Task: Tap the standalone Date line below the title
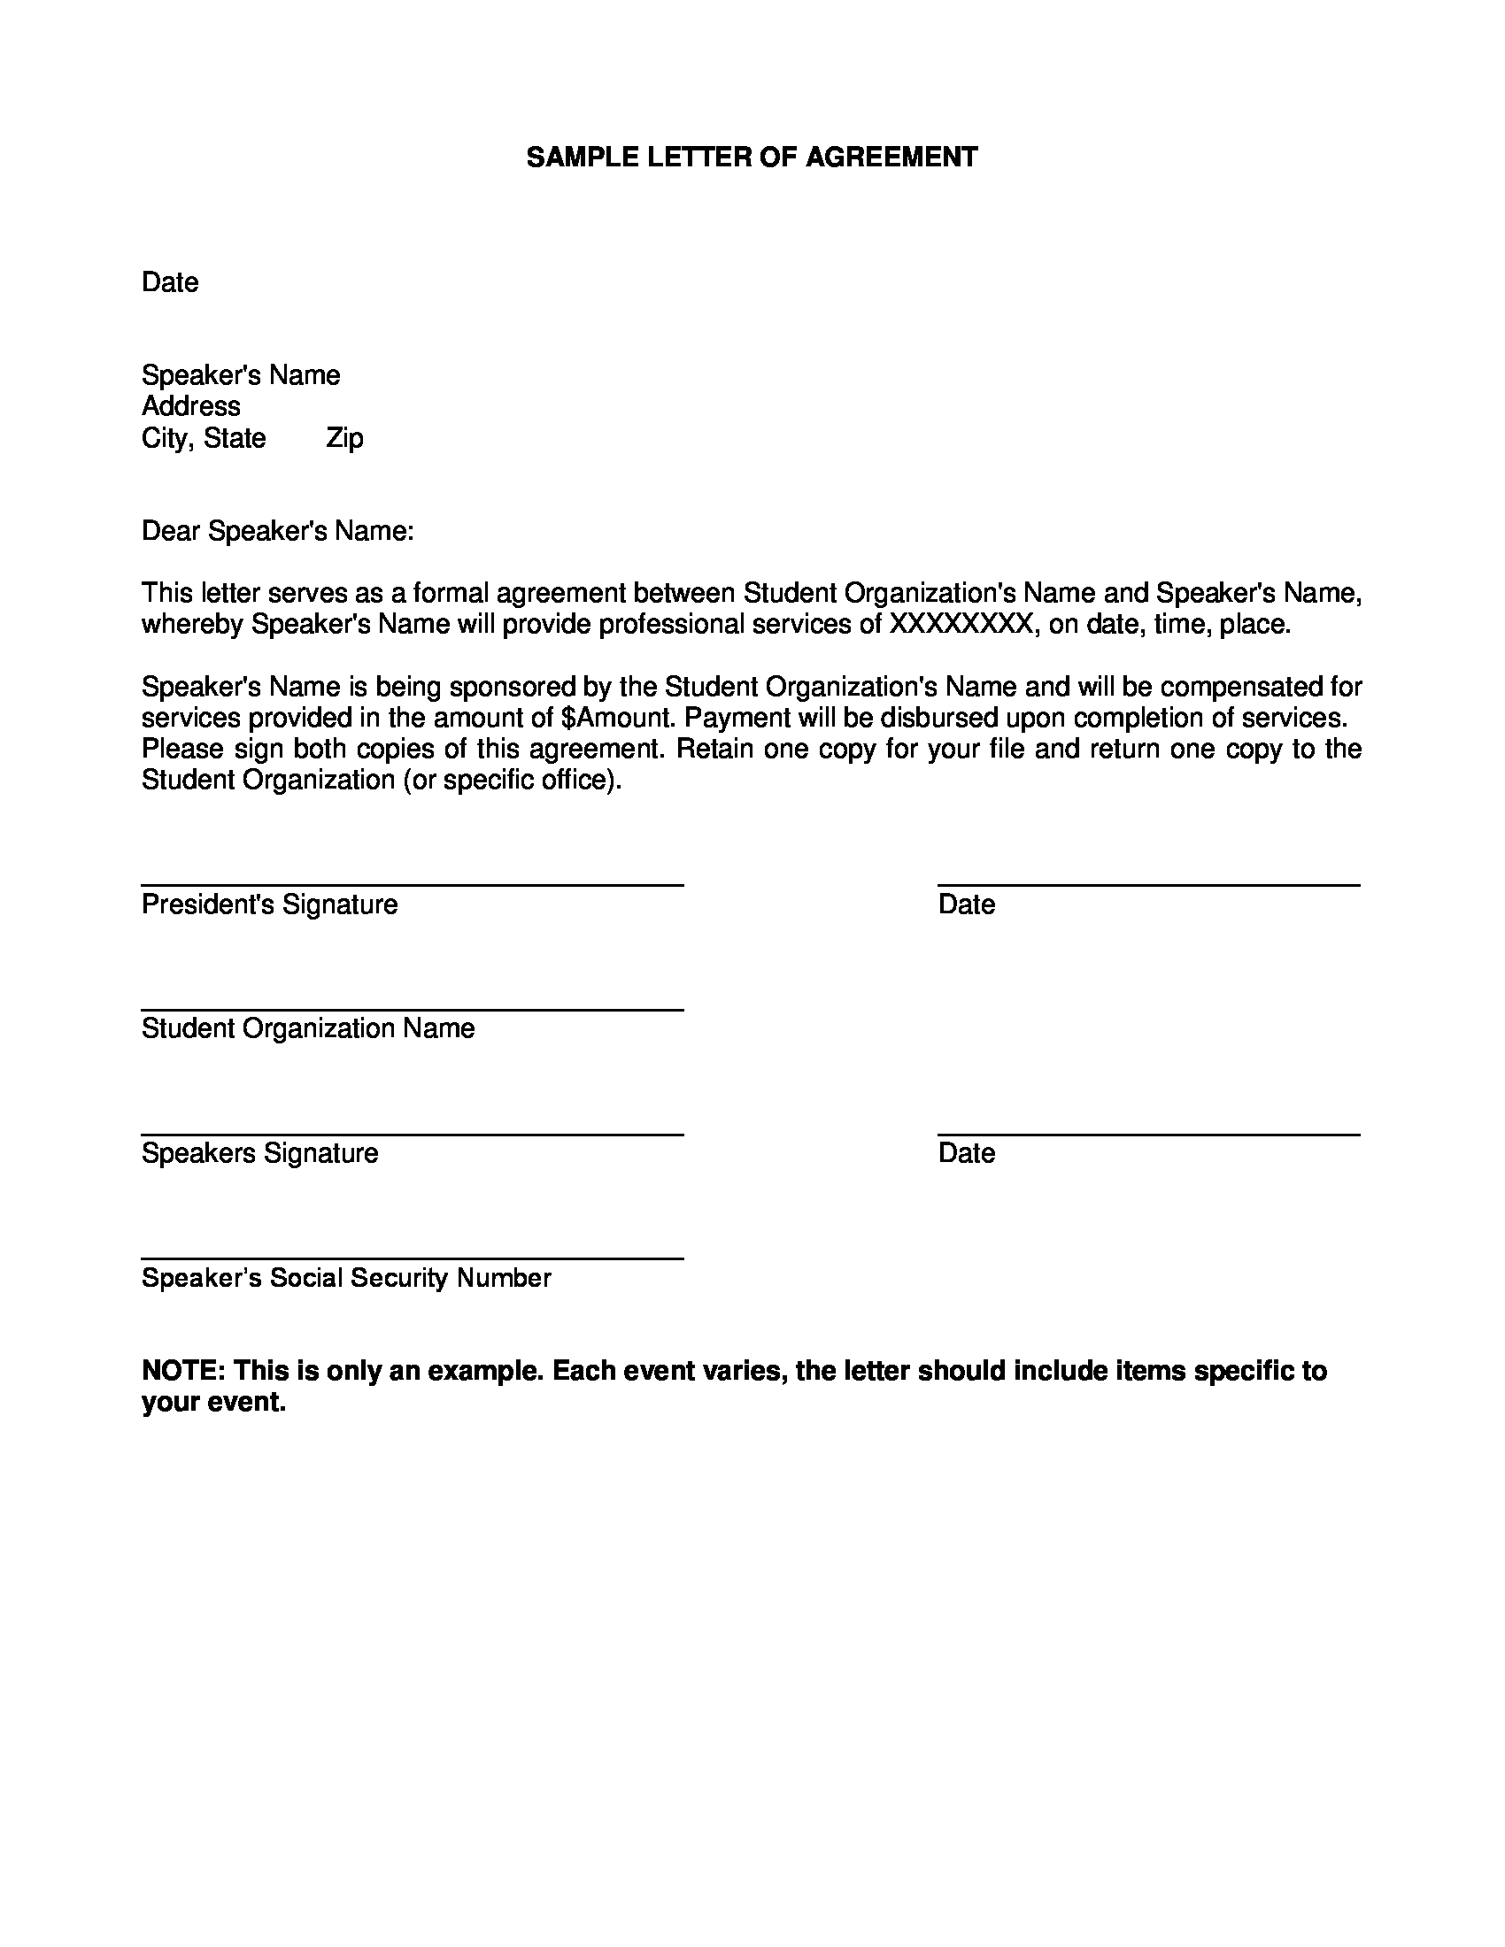tap(169, 282)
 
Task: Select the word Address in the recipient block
tap(191, 406)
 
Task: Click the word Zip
tap(344, 439)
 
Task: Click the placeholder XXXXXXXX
tap(961, 624)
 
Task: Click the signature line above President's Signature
tap(412, 885)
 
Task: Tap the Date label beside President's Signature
tap(967, 904)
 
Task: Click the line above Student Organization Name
tap(412, 1010)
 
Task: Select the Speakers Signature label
tap(259, 1153)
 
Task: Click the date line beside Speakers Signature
tap(1148, 1135)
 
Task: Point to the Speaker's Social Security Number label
tap(346, 1279)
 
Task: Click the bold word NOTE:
tap(182, 1371)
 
